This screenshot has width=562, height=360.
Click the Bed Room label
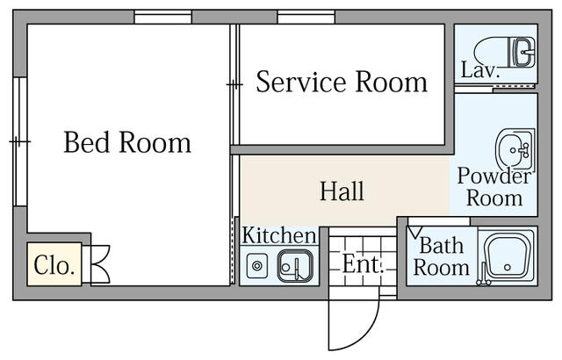pos(127,142)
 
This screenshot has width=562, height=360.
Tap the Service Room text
pos(342,82)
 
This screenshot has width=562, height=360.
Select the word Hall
pos(342,191)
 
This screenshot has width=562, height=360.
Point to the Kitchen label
pos(279,235)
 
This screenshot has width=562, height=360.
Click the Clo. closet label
pos(54,265)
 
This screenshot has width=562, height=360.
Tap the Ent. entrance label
pos(363,264)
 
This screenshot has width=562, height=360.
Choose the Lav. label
pos(480,69)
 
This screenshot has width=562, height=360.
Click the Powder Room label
pos(494,187)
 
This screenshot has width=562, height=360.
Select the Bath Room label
pos(441,256)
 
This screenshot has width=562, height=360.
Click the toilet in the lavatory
pos(505,53)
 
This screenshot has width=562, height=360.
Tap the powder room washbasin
pos(515,149)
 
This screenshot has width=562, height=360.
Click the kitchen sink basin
pos(295,265)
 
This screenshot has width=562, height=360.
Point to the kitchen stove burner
pos(256,266)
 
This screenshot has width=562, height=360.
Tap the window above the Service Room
pos(306,17)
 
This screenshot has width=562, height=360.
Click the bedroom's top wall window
pos(163,17)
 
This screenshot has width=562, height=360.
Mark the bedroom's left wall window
pos(20,141)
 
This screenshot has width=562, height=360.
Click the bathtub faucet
pos(483,275)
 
